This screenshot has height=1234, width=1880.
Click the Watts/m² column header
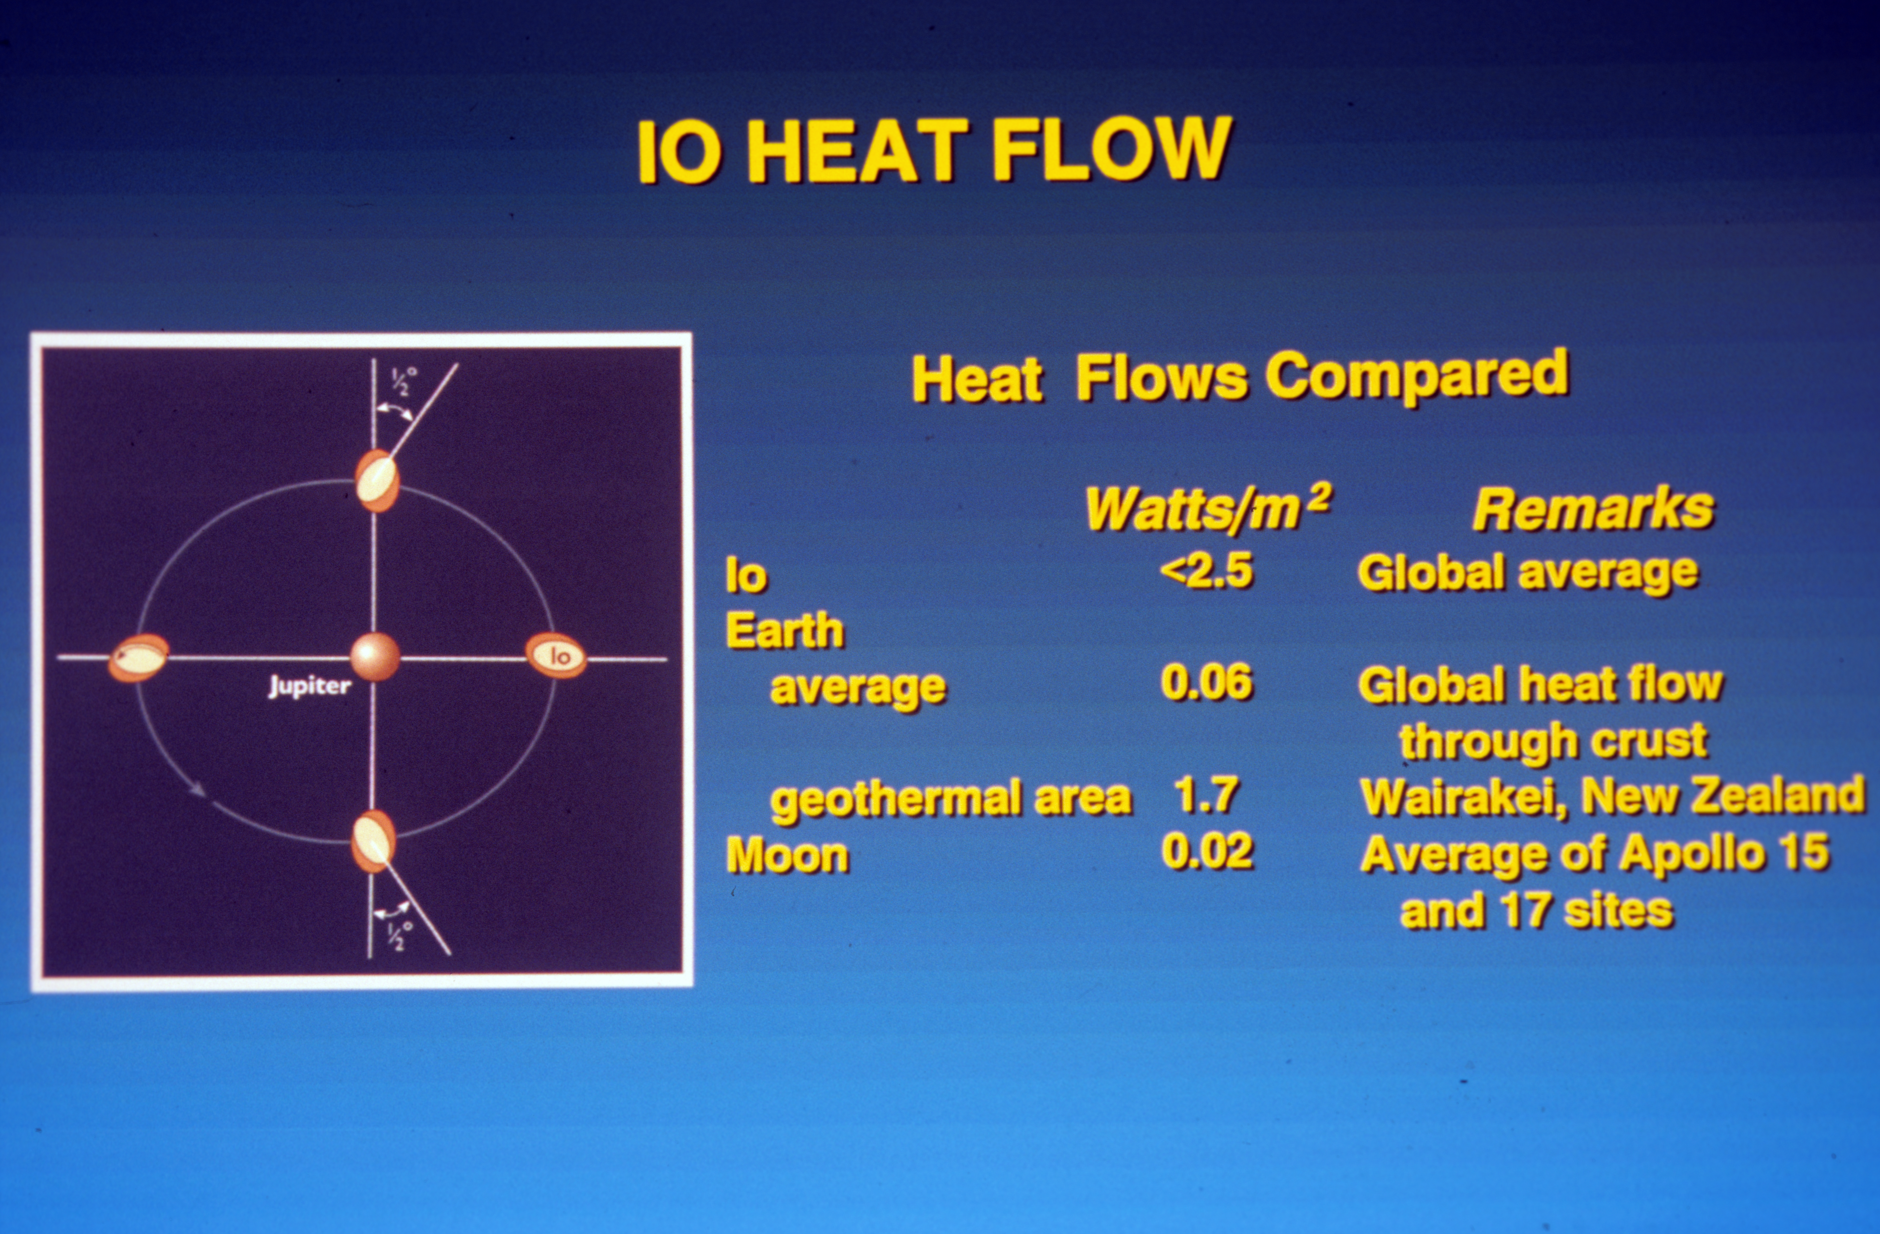point(1207,508)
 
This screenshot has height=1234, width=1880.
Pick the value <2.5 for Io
point(1206,571)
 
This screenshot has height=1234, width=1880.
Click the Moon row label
point(787,855)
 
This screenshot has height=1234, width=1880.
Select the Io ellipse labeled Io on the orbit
point(556,656)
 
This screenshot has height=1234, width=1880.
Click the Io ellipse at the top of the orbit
point(376,481)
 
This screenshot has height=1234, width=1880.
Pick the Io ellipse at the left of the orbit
point(138,657)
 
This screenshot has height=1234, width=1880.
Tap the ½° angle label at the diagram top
point(404,381)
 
